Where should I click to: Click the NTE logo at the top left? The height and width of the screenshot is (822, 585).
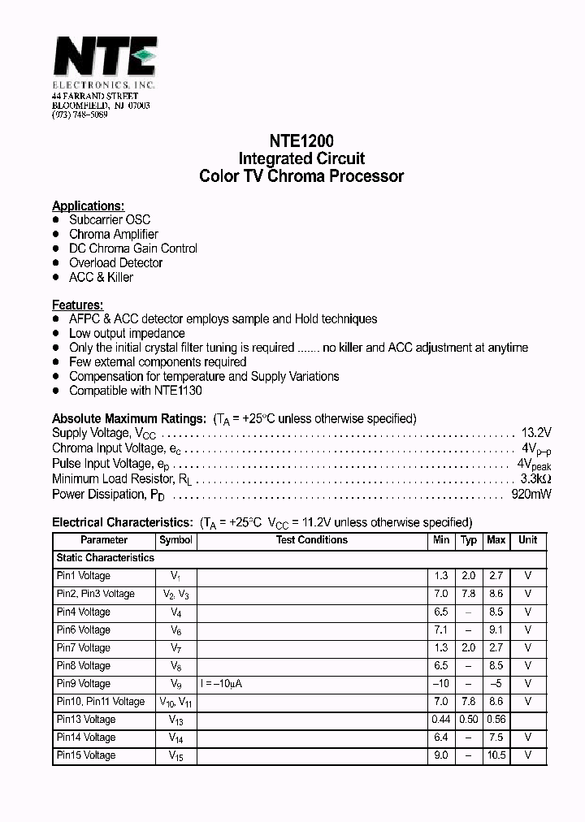coord(103,59)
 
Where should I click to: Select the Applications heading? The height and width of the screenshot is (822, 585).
coord(88,205)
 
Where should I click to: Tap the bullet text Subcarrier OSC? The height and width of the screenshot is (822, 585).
coord(110,219)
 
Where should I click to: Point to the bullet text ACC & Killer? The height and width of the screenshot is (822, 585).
coord(101,277)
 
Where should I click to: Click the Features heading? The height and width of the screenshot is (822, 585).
coord(77,305)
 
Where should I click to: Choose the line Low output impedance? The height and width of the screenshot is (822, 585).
coord(127,333)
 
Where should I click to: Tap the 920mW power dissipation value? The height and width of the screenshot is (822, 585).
coord(531,494)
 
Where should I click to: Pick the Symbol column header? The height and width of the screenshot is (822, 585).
coord(176,540)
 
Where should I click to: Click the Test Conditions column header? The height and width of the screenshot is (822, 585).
coord(311,540)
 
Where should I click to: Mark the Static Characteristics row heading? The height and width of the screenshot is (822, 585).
coord(105,558)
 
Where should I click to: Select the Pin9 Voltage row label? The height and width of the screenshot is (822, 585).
coord(83,684)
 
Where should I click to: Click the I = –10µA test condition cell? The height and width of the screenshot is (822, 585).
coord(221,684)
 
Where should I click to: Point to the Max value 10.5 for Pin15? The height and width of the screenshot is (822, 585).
coord(496,755)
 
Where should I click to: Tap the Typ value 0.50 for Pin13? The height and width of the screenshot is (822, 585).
coord(468,720)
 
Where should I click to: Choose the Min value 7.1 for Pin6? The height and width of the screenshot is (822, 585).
coord(440,630)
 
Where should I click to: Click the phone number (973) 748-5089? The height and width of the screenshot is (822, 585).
coord(80,115)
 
